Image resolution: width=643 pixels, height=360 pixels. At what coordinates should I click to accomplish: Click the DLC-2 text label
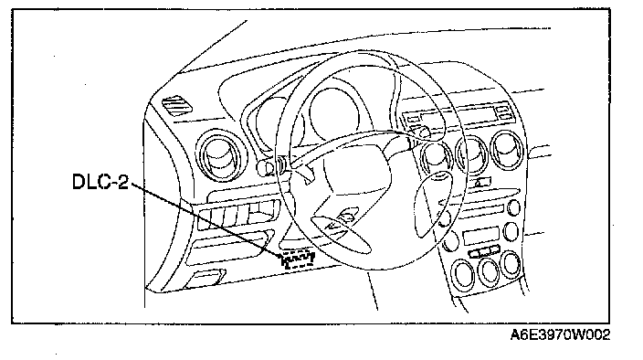(100, 182)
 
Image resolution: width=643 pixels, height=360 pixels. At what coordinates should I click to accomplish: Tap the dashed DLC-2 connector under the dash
(299, 259)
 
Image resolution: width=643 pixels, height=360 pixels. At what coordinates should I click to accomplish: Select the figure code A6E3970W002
(560, 334)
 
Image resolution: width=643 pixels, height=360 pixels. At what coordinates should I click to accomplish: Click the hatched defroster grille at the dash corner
(177, 105)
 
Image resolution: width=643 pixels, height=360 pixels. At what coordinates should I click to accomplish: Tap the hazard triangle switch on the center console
(483, 183)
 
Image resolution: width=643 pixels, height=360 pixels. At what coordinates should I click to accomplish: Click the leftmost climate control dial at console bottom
(463, 274)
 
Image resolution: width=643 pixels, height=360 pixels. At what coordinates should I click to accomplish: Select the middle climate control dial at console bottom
(489, 270)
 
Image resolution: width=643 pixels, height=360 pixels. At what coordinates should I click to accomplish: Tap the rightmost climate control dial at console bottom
(511, 264)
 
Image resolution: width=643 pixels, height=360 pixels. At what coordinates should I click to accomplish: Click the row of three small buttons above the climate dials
(484, 251)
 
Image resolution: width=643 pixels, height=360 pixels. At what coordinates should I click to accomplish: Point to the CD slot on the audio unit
(482, 213)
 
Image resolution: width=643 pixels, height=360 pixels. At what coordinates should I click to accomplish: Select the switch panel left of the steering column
(239, 215)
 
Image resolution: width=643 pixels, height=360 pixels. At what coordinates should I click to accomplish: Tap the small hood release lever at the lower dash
(205, 278)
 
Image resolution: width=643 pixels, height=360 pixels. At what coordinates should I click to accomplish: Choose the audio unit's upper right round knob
(513, 207)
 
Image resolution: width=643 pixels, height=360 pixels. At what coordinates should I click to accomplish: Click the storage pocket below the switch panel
(229, 246)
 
